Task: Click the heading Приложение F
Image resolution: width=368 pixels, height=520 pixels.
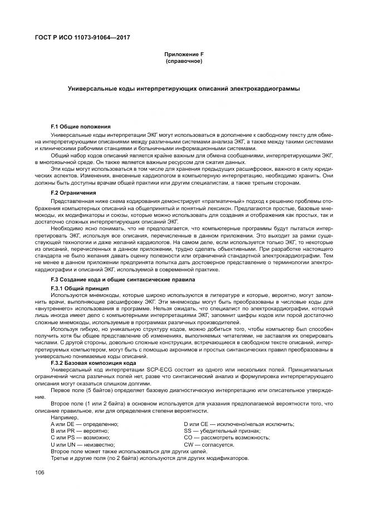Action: click(184, 55)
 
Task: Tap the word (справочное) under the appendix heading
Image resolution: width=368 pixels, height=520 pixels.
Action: click(184, 61)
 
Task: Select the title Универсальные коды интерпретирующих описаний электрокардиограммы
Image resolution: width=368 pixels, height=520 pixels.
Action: click(184, 88)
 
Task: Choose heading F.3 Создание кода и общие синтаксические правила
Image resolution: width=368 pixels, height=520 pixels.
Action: click(122, 278)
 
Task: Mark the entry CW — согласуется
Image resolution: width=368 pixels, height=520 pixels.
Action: click(209, 444)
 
